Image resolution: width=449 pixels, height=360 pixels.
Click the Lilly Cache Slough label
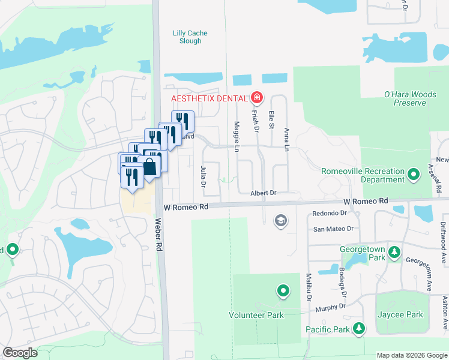(x=187, y=37)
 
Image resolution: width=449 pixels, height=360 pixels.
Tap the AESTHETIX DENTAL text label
(x=209, y=98)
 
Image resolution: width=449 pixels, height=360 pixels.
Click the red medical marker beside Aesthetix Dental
(x=257, y=97)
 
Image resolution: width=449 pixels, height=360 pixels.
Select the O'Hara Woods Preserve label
(x=405, y=98)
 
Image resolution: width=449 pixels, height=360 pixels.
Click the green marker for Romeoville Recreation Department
(x=413, y=175)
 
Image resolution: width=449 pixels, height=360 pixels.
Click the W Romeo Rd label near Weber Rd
(x=185, y=206)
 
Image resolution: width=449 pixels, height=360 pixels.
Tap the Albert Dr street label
(x=263, y=193)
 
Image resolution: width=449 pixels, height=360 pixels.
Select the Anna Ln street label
(x=287, y=140)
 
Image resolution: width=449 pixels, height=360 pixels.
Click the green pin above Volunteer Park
(x=283, y=292)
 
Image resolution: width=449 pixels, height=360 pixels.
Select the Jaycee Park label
(x=400, y=315)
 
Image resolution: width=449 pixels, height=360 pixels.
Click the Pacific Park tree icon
(x=359, y=328)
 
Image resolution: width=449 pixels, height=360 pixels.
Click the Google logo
(x=20, y=353)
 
